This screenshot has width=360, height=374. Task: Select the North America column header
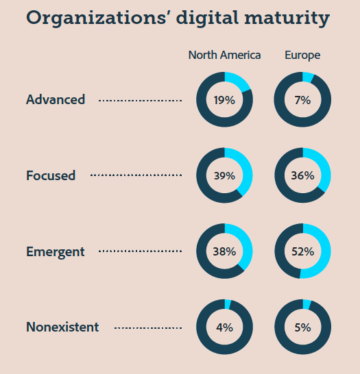(x=224, y=55)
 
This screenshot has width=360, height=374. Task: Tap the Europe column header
(x=302, y=55)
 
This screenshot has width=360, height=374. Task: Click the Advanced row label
(x=56, y=99)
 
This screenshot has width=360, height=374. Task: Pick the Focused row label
(x=51, y=175)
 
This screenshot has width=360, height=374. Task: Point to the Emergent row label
(x=56, y=251)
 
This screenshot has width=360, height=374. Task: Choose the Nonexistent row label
(x=62, y=327)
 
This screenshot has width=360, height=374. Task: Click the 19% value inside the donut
(x=224, y=100)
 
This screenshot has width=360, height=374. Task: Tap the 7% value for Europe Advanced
(x=302, y=100)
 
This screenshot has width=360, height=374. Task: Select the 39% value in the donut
(x=224, y=175)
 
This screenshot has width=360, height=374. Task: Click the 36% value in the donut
(x=302, y=175)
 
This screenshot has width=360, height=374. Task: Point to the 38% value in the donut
(x=224, y=251)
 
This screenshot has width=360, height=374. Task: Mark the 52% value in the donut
(x=302, y=251)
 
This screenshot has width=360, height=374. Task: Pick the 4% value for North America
(x=224, y=327)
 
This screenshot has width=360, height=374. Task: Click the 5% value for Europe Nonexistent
(x=302, y=327)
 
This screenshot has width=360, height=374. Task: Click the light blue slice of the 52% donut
(x=325, y=251)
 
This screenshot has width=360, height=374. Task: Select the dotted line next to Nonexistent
(x=147, y=328)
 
